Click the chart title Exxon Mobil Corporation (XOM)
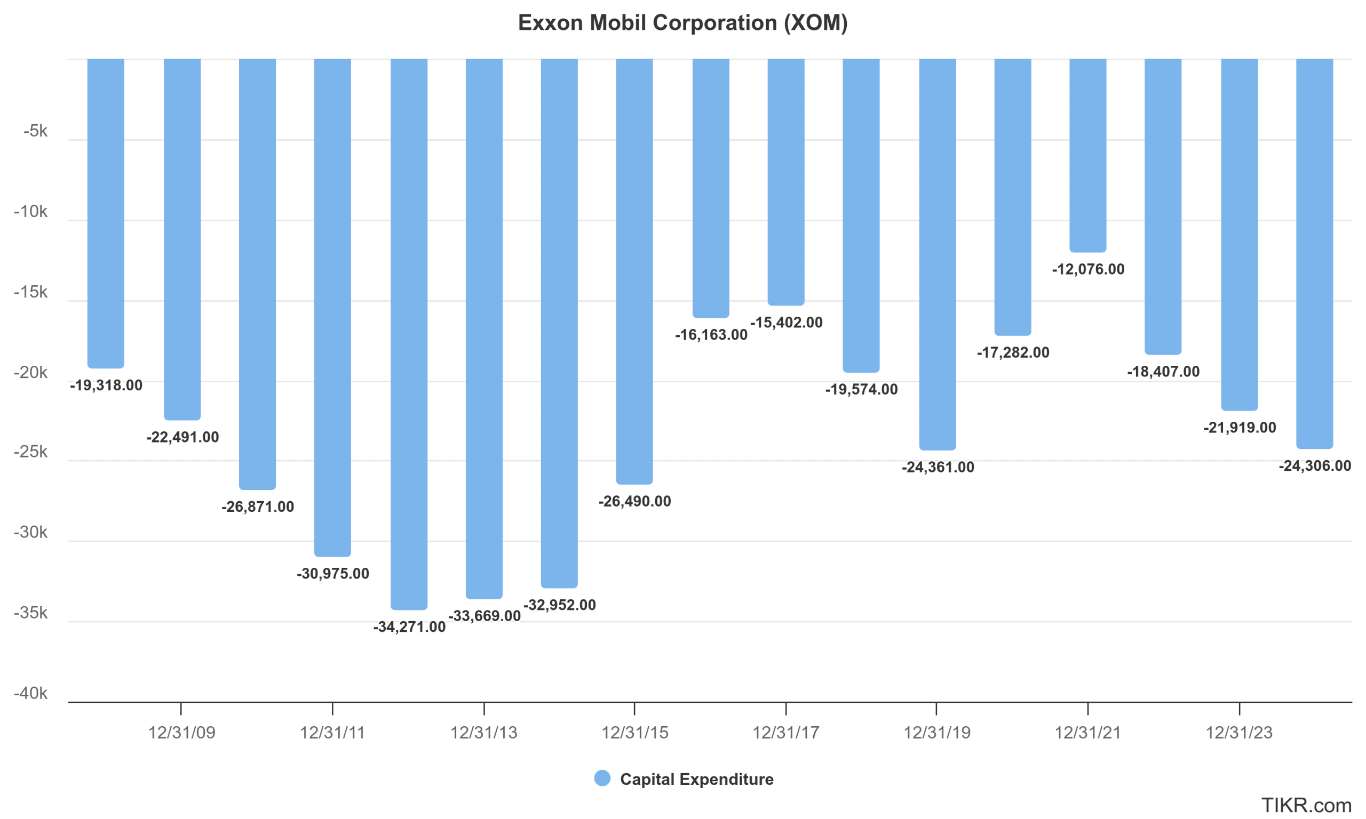(682, 23)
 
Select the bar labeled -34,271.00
(409, 331)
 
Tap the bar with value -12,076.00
(1087, 155)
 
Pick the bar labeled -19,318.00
(106, 212)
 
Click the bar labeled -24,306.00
(1315, 254)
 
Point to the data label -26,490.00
(635, 501)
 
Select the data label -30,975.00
(333, 573)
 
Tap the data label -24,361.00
(938, 467)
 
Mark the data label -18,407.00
(1163, 372)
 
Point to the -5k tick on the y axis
(35, 131)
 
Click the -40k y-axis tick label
(31, 693)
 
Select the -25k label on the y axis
(31, 452)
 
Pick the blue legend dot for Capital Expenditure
(602, 778)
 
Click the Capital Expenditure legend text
(697, 779)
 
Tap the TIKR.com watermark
(1306, 805)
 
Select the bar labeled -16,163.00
(711, 188)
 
